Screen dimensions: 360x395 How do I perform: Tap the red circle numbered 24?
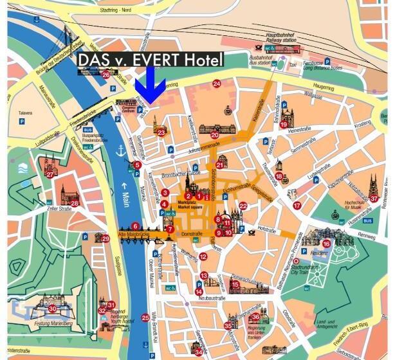[217, 84]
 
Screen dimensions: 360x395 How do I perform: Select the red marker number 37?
[374, 199]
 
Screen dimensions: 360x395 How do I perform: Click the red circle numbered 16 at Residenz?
[326, 244]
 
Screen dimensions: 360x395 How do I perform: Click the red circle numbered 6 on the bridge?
[135, 226]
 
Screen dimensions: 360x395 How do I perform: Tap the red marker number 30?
[52, 309]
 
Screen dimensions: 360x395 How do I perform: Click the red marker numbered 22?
[243, 206]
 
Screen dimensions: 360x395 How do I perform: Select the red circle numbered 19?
[284, 125]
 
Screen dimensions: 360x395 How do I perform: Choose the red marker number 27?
[50, 174]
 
